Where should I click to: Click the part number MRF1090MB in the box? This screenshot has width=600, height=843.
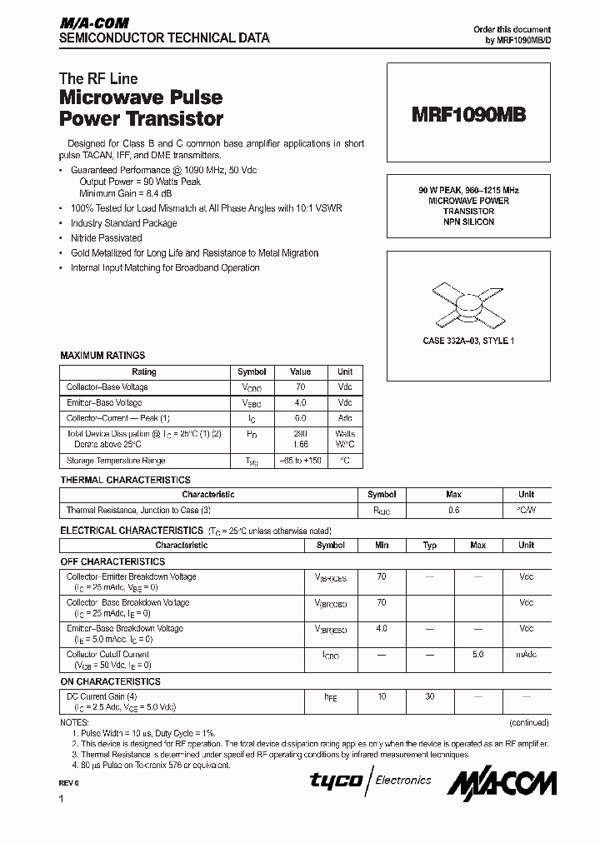[x=468, y=116]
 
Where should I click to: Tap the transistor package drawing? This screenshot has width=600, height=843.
[x=468, y=303]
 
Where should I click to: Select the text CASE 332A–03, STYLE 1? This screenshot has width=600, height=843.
[x=468, y=341]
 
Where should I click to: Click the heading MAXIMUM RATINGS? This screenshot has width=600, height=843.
[x=102, y=356]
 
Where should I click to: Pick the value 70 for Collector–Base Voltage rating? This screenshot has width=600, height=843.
[x=300, y=387]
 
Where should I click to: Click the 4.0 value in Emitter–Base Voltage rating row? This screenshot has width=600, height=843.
[x=300, y=402]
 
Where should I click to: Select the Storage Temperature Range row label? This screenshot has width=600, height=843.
[x=116, y=461]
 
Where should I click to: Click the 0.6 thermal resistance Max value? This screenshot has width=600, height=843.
[x=453, y=511]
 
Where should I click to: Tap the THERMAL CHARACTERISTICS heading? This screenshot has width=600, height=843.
[x=125, y=480]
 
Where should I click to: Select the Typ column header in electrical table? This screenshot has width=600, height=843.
[x=430, y=545]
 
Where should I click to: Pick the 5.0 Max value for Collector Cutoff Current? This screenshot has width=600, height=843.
[x=477, y=655]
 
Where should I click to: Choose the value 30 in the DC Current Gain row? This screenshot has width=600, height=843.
[x=430, y=696]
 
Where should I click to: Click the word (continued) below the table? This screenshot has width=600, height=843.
[x=527, y=722]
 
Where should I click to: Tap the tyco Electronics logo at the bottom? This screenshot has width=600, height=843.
[x=371, y=781]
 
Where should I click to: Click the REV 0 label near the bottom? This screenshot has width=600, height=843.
[x=69, y=784]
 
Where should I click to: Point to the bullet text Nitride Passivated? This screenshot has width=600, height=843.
[x=106, y=238]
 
